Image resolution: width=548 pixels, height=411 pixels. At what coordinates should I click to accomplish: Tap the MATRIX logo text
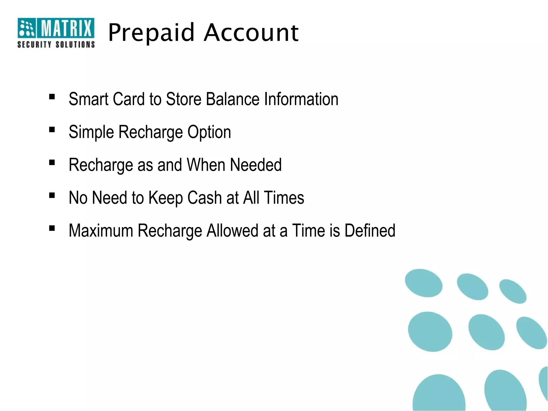66,28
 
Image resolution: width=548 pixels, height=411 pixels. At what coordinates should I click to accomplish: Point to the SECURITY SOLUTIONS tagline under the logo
56,44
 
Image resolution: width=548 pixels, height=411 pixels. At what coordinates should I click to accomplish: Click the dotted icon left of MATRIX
26,28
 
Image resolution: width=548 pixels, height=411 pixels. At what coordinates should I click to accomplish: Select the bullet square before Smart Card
52,96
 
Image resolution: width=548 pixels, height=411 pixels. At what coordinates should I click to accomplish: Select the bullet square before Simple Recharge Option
52,130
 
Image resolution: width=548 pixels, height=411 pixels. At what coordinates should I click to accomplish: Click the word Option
209,132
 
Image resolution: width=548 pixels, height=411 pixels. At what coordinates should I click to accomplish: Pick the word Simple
91,132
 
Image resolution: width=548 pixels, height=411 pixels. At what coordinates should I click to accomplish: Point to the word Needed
256,165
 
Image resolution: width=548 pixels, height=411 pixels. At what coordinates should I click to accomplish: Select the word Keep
165,198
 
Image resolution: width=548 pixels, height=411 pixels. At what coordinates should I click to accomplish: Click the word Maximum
101,230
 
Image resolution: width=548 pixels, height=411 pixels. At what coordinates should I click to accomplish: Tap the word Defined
370,230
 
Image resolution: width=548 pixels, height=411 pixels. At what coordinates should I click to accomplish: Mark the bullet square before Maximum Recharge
52,228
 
